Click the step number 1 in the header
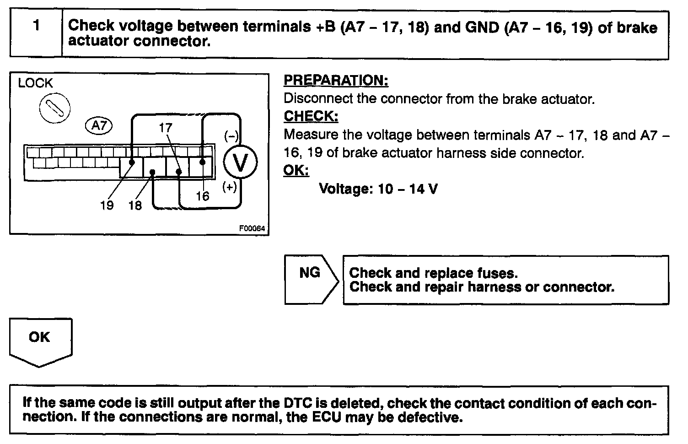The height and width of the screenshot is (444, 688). click(36, 26)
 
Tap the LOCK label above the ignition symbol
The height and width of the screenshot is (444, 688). click(35, 83)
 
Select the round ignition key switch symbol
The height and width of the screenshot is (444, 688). click(55, 109)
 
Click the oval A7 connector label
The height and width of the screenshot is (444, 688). click(99, 125)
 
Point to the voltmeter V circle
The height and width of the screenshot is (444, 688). click(240, 162)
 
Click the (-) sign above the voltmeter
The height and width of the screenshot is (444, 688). click(231, 136)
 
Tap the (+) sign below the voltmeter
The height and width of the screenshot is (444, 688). click(230, 187)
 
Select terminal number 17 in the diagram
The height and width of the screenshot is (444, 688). click(166, 127)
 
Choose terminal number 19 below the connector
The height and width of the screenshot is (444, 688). click(107, 205)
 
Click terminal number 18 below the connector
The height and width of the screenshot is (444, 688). click(135, 205)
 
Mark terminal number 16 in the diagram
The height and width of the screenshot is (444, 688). click(202, 196)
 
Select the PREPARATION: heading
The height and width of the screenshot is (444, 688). click(336, 81)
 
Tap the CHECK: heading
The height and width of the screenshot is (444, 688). click(311, 116)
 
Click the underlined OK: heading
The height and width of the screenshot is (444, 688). click(296, 170)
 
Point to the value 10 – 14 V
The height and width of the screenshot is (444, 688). click(408, 189)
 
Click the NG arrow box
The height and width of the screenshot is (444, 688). click(311, 279)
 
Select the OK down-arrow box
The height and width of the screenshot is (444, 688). click(40, 341)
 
